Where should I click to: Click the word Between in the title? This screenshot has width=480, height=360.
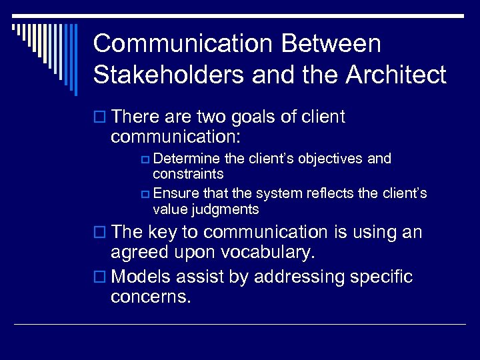point(331,44)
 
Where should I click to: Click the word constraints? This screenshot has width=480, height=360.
point(188,174)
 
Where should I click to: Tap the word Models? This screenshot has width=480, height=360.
point(145,277)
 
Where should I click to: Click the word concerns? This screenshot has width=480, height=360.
point(151,297)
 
